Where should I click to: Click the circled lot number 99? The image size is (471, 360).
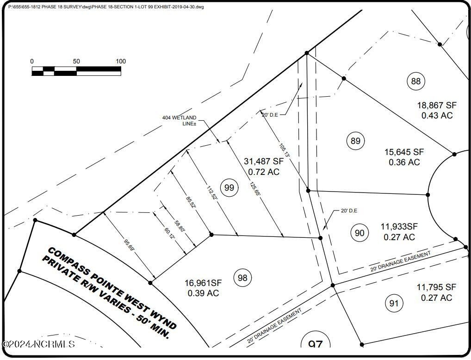(x=229, y=188)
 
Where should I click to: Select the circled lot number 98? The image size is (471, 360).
(x=242, y=278)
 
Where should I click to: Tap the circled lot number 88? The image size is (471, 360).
(x=416, y=82)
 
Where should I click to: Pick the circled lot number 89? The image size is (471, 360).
(x=355, y=141)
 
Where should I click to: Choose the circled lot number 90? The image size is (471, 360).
(x=359, y=233)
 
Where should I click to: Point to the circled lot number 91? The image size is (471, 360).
(x=393, y=304)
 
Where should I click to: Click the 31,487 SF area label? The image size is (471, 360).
(x=264, y=161)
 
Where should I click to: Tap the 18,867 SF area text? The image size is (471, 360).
(x=437, y=105)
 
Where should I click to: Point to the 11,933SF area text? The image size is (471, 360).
(x=399, y=227)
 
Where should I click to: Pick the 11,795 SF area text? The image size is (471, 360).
(x=437, y=287)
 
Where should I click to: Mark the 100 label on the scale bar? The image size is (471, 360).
(x=121, y=62)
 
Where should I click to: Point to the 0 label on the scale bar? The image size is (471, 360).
(x=32, y=62)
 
